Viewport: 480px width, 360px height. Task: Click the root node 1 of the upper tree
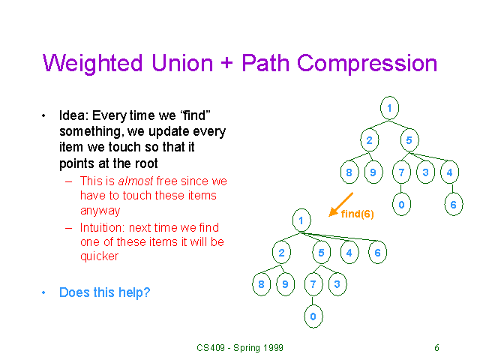[389, 108]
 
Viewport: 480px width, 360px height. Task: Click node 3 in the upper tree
[425, 173]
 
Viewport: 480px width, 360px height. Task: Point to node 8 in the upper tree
[349, 173]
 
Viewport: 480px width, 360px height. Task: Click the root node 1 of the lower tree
[301, 220]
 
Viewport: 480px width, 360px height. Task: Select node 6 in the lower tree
[377, 253]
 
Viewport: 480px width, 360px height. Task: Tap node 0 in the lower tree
[313, 317]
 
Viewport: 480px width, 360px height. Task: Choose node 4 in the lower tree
[349, 253]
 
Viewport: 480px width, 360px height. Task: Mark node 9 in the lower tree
[284, 285]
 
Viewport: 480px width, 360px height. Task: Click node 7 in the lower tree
[313, 285]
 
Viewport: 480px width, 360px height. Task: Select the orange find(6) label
[357, 214]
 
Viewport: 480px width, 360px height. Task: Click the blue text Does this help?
[104, 292]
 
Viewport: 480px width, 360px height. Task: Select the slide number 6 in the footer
[436, 347]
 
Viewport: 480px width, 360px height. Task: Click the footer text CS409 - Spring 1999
[240, 347]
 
